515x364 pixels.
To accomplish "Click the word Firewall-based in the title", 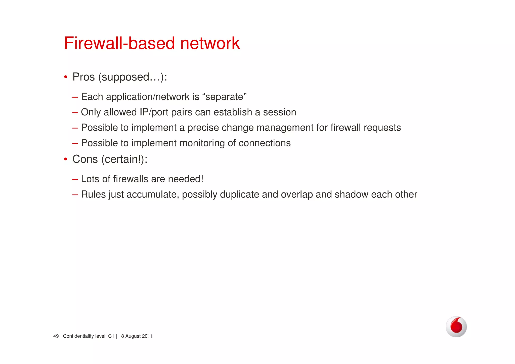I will click(119, 43).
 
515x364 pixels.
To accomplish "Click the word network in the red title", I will click(210, 43).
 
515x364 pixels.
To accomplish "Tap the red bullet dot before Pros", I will click(65, 77).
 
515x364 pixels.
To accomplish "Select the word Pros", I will click(83, 77).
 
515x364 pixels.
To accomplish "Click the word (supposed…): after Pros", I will click(133, 77).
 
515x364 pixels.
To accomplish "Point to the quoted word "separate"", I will click(224, 97).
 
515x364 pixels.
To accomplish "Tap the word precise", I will click(203, 128).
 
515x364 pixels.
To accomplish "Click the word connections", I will click(265, 143).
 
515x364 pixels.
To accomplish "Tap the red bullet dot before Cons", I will click(65, 159).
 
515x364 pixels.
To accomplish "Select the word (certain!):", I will click(124, 159).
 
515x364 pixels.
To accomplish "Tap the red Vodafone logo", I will click(456, 327).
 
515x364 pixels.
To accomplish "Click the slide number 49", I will click(56, 336).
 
